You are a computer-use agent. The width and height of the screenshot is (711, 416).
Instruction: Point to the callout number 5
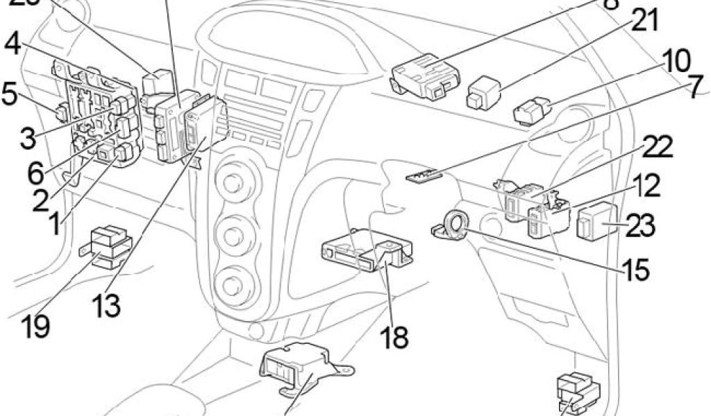9,94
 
